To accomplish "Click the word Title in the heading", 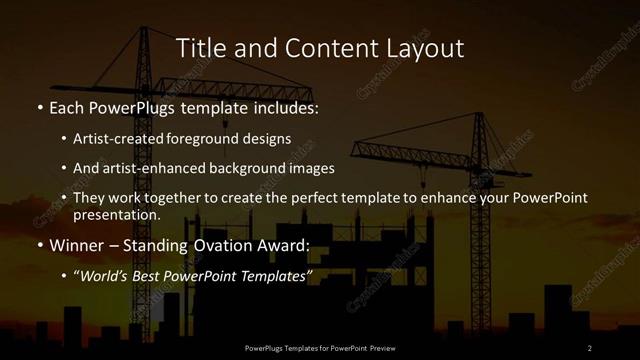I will point(199,48).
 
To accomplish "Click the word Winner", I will point(76,246).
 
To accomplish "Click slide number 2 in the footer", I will point(590,347).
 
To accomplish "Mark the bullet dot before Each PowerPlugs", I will point(40,106).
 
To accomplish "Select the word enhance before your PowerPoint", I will point(448,198).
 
